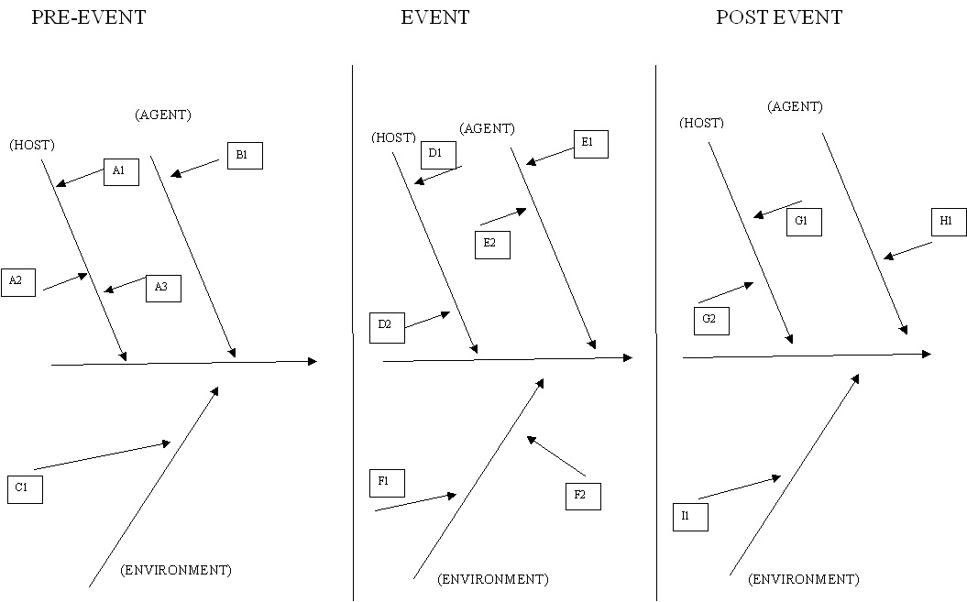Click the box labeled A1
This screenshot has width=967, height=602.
[121, 171]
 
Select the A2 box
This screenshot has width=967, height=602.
[17, 282]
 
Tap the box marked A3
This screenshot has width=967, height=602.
[163, 288]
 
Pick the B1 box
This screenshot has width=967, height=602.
[244, 156]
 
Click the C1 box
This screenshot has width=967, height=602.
[25, 489]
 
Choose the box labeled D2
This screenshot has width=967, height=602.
[386, 326]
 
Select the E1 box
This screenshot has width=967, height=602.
[590, 144]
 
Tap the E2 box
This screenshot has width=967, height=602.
[492, 245]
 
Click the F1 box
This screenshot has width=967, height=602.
[386, 482]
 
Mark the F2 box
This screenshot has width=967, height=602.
[582, 496]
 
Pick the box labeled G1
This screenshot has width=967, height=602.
[804, 222]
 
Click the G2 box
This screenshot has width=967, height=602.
[711, 321]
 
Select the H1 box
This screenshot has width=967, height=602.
[948, 222]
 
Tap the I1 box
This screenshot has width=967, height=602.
[688, 517]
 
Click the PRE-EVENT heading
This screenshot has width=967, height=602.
[88, 17]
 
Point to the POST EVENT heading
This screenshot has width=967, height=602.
[779, 17]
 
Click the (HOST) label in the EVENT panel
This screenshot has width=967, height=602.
[393, 137]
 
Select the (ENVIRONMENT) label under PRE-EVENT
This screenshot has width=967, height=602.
[176, 570]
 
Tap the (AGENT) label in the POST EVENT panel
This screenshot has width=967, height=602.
[795, 106]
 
